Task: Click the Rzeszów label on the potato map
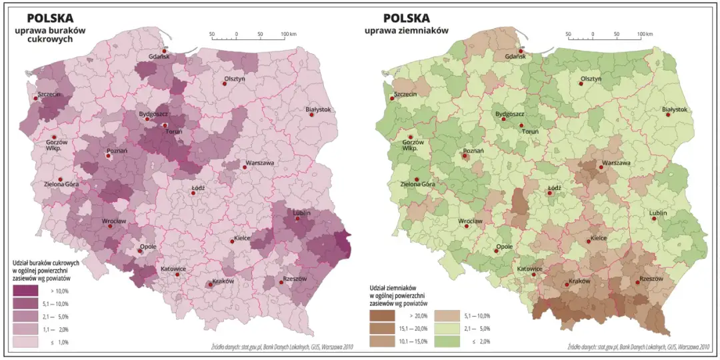coord(651,279)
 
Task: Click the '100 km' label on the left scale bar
coord(288,34)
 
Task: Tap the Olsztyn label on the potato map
coord(591,79)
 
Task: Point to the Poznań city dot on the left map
coord(108,157)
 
